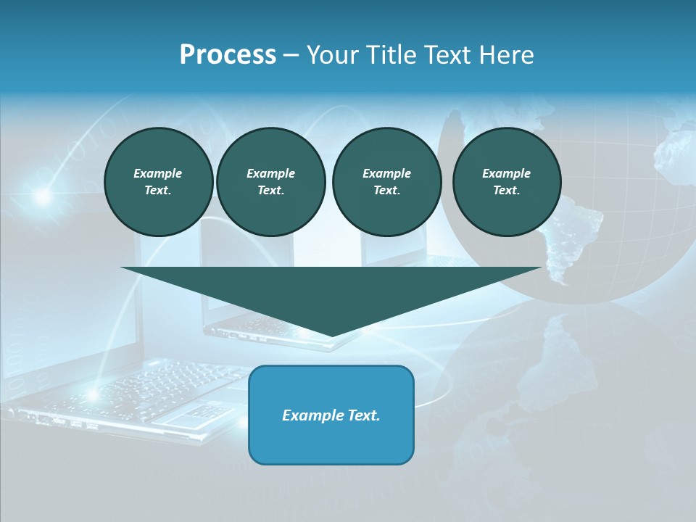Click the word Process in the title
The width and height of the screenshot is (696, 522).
[228, 55]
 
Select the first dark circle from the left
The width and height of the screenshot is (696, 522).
[158, 181]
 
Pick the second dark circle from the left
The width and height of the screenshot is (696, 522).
[270, 181]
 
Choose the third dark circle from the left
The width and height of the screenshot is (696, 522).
[386, 181]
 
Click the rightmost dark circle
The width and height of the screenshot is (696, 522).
[507, 181]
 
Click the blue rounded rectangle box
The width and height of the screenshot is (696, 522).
[331, 415]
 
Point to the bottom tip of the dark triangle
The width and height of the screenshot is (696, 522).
[331, 335]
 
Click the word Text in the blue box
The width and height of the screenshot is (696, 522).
[362, 415]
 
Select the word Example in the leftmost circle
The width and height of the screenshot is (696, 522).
[158, 173]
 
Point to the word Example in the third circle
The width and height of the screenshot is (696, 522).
[386, 173]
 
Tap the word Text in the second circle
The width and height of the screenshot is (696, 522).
[270, 190]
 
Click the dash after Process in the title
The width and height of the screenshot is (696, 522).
[291, 56]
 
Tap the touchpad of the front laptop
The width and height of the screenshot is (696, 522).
[190, 416]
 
